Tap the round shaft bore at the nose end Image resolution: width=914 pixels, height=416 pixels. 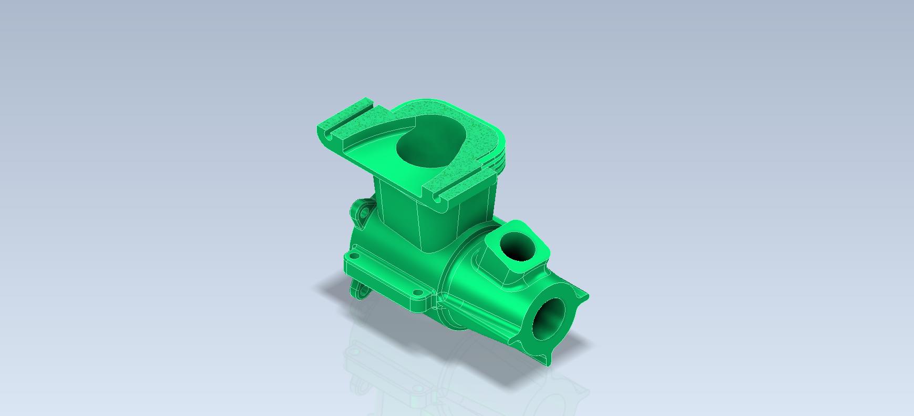(552, 319)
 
